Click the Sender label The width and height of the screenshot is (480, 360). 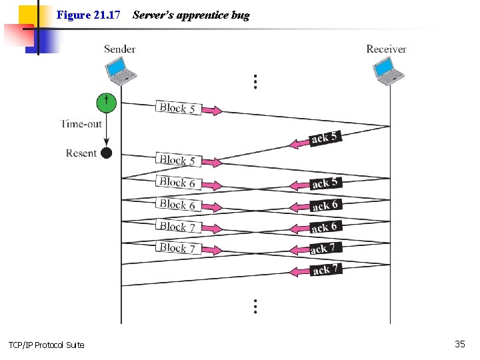pyautogui.click(x=119, y=49)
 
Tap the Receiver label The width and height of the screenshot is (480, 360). pyautogui.click(x=386, y=49)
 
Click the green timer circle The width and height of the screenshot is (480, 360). pyautogui.click(x=106, y=103)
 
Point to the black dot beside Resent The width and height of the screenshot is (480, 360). pyautogui.click(x=106, y=153)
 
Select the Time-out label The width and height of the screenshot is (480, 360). pyautogui.click(x=81, y=123)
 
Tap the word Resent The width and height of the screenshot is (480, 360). pyautogui.click(x=81, y=153)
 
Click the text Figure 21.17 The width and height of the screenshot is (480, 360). pyautogui.click(x=88, y=15)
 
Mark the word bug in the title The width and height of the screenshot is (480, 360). pyautogui.click(x=240, y=15)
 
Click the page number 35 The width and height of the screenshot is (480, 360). pyautogui.click(x=459, y=344)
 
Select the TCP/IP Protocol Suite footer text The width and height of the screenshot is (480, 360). pyautogui.click(x=47, y=345)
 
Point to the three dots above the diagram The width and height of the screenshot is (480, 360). pyautogui.click(x=255, y=81)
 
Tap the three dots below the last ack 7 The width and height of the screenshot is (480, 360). pyautogui.click(x=255, y=306)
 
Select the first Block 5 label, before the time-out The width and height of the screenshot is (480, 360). pyautogui.click(x=177, y=107)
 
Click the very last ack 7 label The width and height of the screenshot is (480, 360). pyautogui.click(x=325, y=269)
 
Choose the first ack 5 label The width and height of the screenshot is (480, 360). pyautogui.click(x=325, y=138)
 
